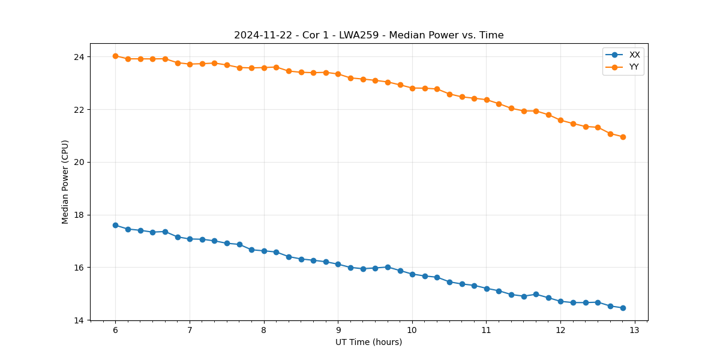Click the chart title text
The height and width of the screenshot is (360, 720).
pyautogui.click(x=368, y=35)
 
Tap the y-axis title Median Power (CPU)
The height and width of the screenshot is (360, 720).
pyautogui.click(x=65, y=182)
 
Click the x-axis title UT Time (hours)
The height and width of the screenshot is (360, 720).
pyautogui.click(x=368, y=342)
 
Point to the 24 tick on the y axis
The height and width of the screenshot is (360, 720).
pyautogui.click(x=79, y=57)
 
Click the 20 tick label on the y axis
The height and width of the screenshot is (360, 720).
pyautogui.click(x=79, y=162)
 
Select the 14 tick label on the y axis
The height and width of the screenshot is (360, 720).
pyautogui.click(x=79, y=320)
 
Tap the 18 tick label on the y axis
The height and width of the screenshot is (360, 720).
pyautogui.click(x=79, y=215)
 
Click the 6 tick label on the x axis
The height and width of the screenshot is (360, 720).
pyautogui.click(x=115, y=331)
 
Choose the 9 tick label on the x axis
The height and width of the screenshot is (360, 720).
pyautogui.click(x=338, y=331)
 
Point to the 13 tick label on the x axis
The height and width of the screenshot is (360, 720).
pyautogui.click(x=635, y=331)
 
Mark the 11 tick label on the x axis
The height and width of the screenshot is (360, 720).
pyautogui.click(x=487, y=331)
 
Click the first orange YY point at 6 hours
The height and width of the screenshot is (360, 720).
pyautogui.click(x=115, y=56)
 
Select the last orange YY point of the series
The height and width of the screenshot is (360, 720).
pyautogui.click(x=623, y=137)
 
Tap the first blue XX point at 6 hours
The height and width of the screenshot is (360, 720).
pyautogui.click(x=115, y=225)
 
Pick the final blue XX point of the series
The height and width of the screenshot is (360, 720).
pyautogui.click(x=623, y=308)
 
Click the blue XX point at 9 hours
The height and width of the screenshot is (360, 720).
pyautogui.click(x=338, y=264)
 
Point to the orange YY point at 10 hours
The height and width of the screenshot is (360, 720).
pyautogui.click(x=412, y=88)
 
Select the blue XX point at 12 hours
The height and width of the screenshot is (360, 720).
pyautogui.click(x=560, y=301)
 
